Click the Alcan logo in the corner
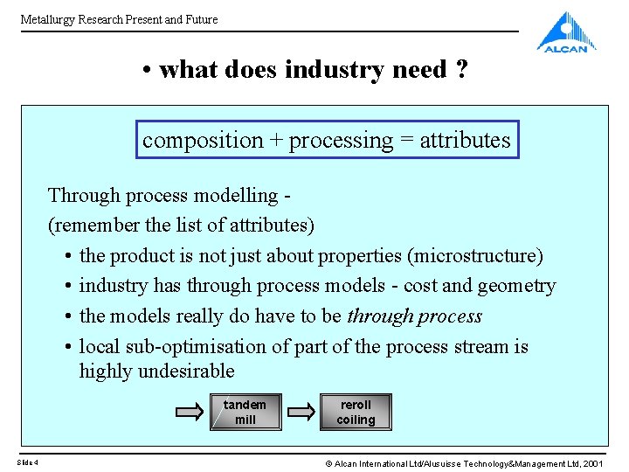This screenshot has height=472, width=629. pyautogui.click(x=567, y=32)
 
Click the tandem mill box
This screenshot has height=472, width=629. pyautogui.click(x=245, y=412)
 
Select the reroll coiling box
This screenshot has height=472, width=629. pyautogui.click(x=356, y=412)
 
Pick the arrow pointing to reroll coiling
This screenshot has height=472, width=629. pyautogui.click(x=301, y=412)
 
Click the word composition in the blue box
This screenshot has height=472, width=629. pyautogui.click(x=203, y=140)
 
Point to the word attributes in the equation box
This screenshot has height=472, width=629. pyautogui.click(x=465, y=140)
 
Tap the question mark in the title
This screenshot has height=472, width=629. pyautogui.click(x=461, y=70)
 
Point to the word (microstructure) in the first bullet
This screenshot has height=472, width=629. pyautogui.click(x=486, y=256)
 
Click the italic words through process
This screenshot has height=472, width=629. pyautogui.click(x=414, y=316)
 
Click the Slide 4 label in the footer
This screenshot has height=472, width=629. pyautogui.click(x=27, y=462)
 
